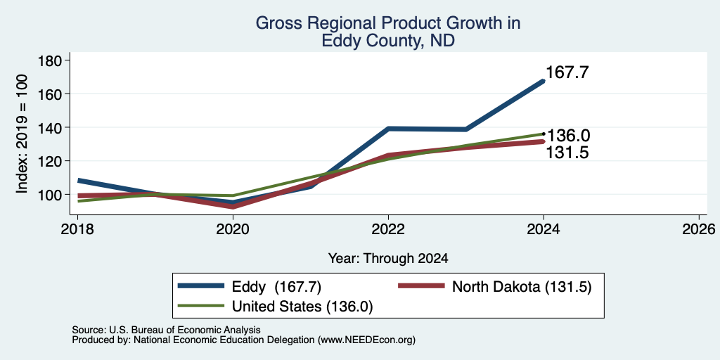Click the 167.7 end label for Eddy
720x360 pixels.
pos(567,72)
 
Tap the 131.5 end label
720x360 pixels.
pos(567,152)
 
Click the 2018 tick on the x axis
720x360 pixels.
pos(77,229)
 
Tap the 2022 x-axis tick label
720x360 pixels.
pos(388,229)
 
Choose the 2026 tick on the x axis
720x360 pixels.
pos(699,229)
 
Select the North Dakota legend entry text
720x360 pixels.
pos(521,287)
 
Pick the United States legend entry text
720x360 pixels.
pos(302,307)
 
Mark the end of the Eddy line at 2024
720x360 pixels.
pos(544,81)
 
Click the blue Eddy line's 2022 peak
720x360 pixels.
pos(388,129)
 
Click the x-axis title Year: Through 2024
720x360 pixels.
pos(388,259)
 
